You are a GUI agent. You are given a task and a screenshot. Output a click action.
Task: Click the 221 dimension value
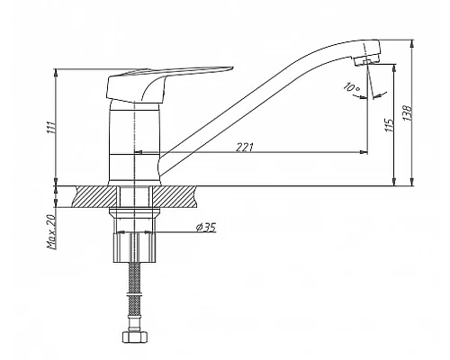245,147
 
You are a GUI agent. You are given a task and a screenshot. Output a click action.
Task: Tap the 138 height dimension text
408,112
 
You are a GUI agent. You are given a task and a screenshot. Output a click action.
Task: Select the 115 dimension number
389,125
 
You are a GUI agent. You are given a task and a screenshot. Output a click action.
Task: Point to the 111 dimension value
51,127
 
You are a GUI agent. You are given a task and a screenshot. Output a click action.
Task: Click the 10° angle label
352,87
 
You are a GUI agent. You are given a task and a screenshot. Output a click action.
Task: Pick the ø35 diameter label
206,228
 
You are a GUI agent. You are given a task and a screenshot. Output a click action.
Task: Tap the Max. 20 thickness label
51,231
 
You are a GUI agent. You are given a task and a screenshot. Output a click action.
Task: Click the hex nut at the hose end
134,337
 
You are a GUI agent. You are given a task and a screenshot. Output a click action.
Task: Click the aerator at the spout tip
366,60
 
